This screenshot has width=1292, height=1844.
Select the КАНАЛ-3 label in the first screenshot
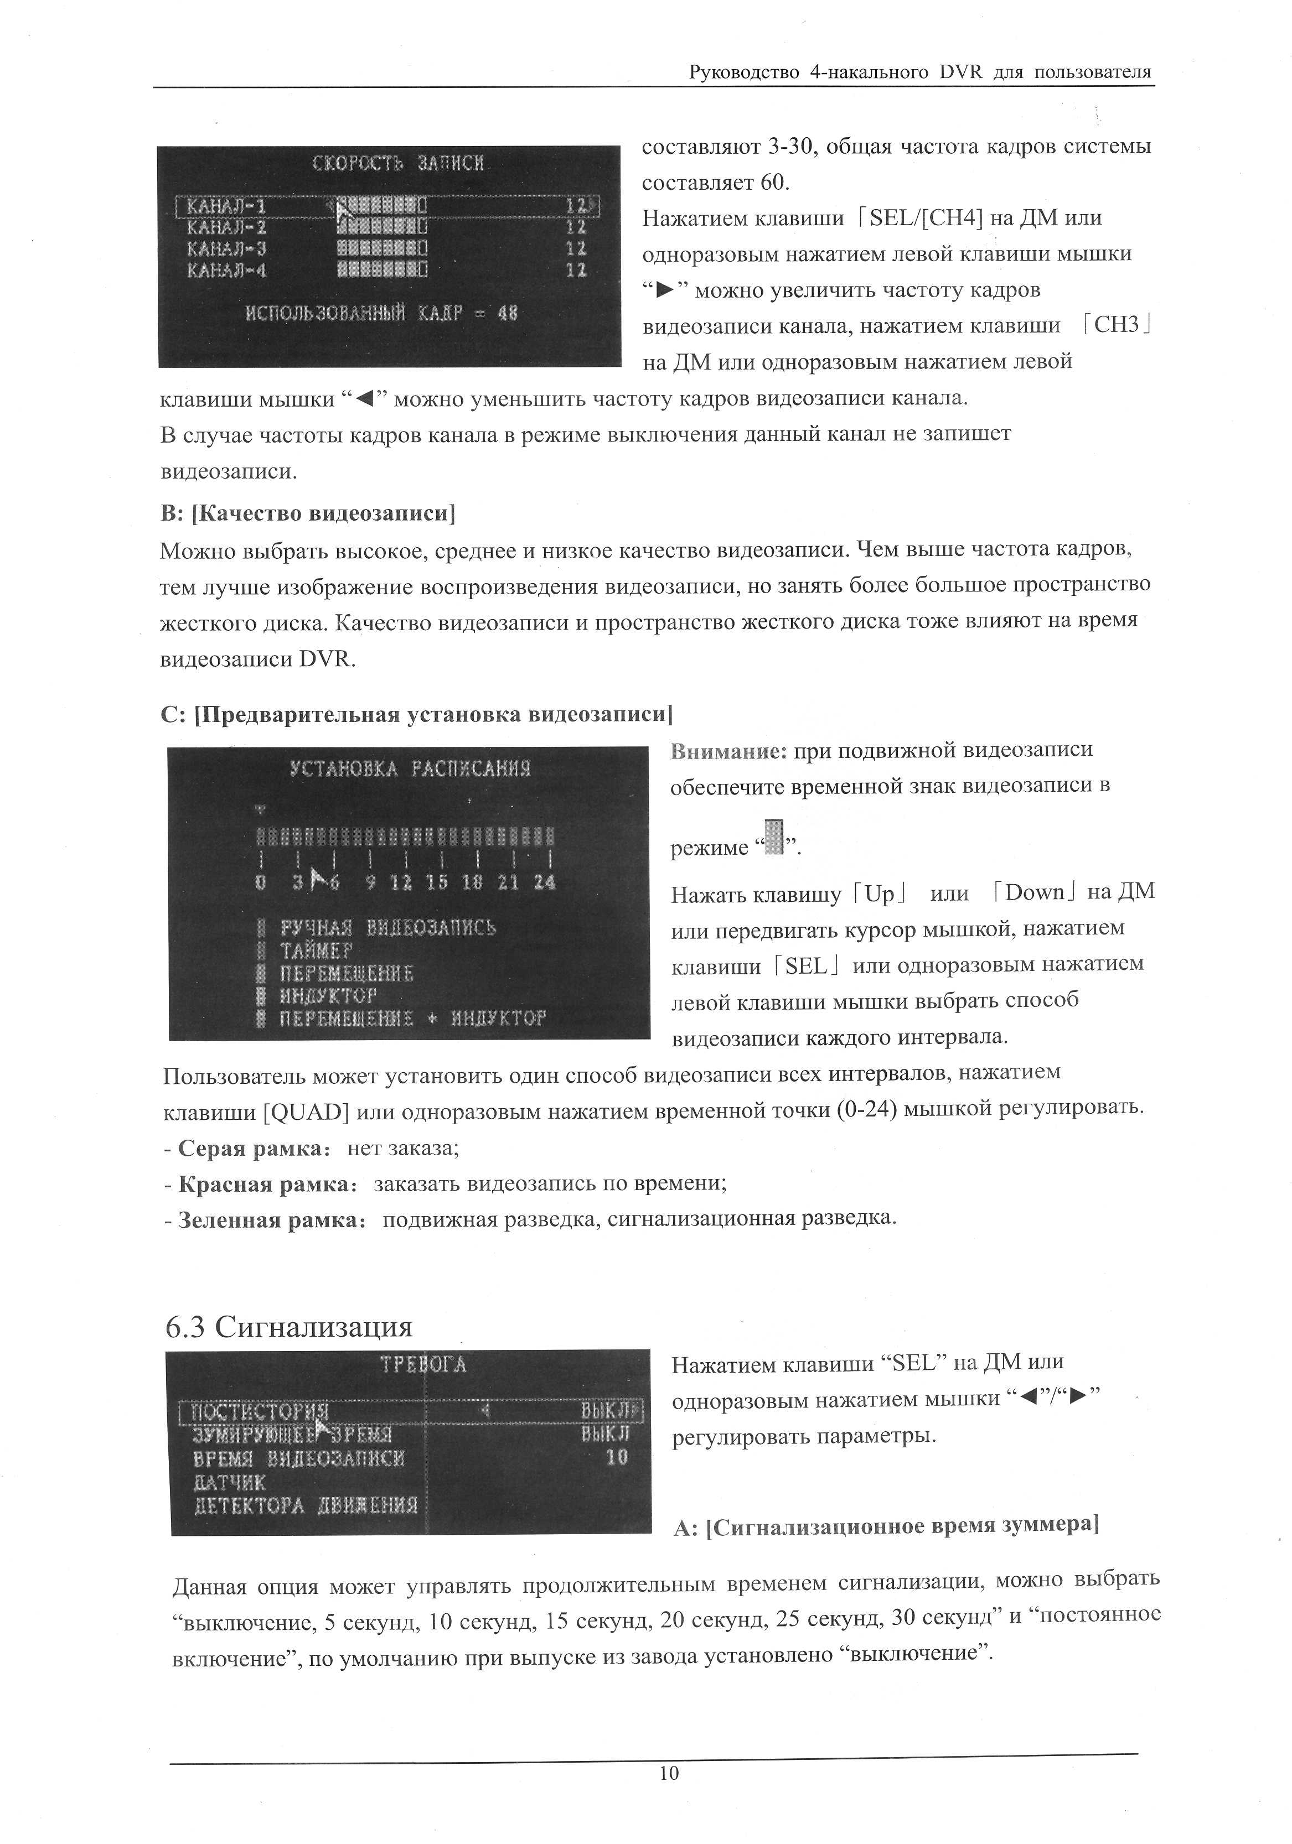click(x=226, y=249)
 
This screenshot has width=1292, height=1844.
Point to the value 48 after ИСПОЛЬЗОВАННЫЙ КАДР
click(x=507, y=313)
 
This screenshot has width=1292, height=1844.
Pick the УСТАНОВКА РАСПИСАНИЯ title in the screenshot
click(x=410, y=768)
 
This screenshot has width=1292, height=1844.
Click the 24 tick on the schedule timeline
click(x=544, y=882)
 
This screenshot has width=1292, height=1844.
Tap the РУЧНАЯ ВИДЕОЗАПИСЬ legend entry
click(x=387, y=928)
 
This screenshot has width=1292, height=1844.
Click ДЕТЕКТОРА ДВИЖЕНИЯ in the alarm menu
click(x=306, y=1504)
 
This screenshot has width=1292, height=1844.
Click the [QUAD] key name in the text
click(x=306, y=1111)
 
